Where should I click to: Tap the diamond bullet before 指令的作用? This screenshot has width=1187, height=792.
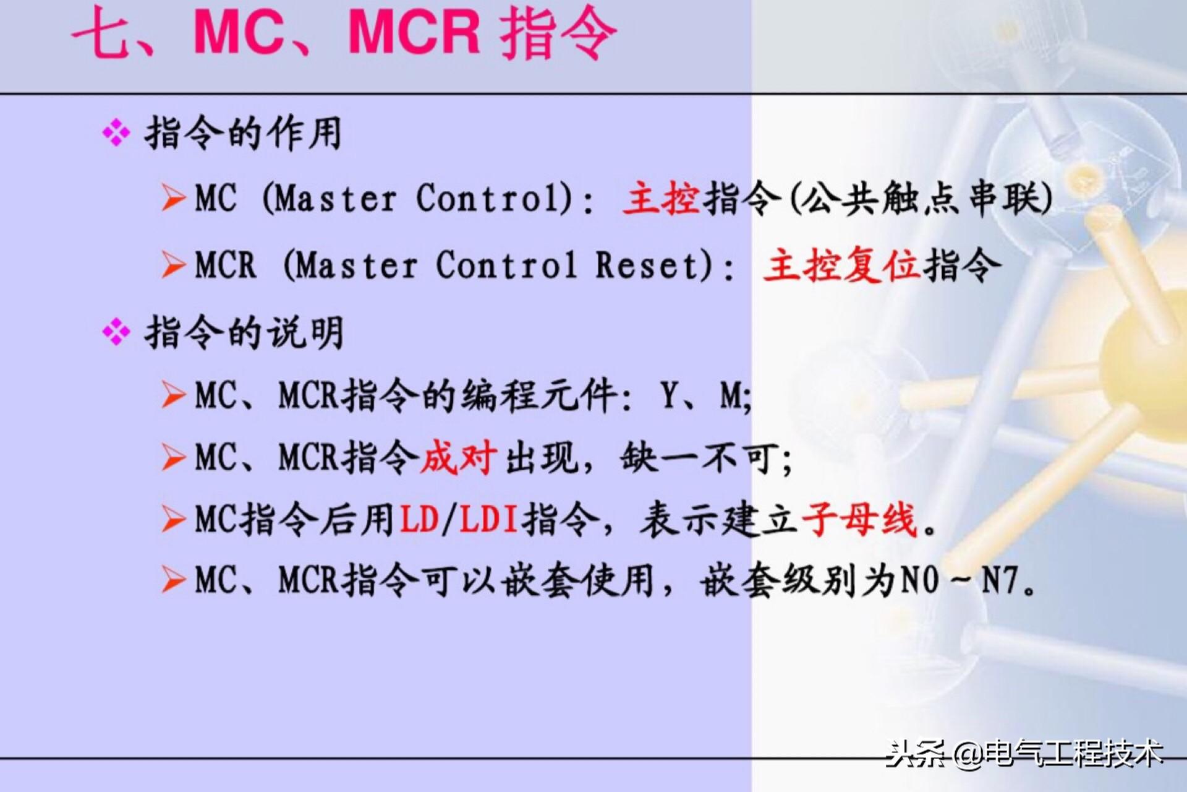[116, 133]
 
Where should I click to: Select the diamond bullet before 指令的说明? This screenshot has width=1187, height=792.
[116, 333]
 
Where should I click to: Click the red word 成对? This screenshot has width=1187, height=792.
[458, 458]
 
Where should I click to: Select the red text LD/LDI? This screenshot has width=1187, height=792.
[459, 519]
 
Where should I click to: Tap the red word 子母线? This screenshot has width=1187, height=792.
[859, 519]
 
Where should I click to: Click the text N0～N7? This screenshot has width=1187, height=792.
[959, 581]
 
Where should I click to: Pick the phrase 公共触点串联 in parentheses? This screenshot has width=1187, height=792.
[921, 199]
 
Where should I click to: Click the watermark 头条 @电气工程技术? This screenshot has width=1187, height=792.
[1024, 753]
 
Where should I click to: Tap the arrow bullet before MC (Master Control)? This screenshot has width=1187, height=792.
[173, 199]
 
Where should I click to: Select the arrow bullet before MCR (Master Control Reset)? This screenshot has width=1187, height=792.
[173, 265]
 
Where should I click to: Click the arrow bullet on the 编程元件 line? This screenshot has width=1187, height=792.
[173, 395]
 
